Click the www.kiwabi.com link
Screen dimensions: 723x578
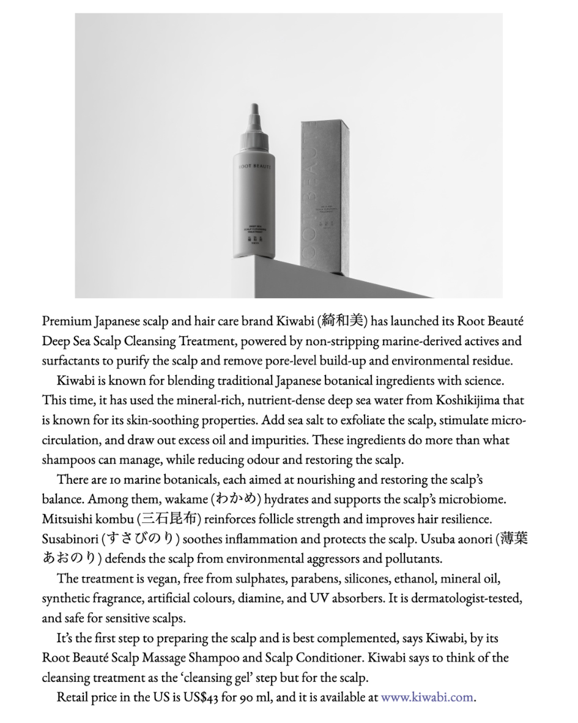tap(428, 697)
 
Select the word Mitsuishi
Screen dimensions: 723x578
tap(65, 519)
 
